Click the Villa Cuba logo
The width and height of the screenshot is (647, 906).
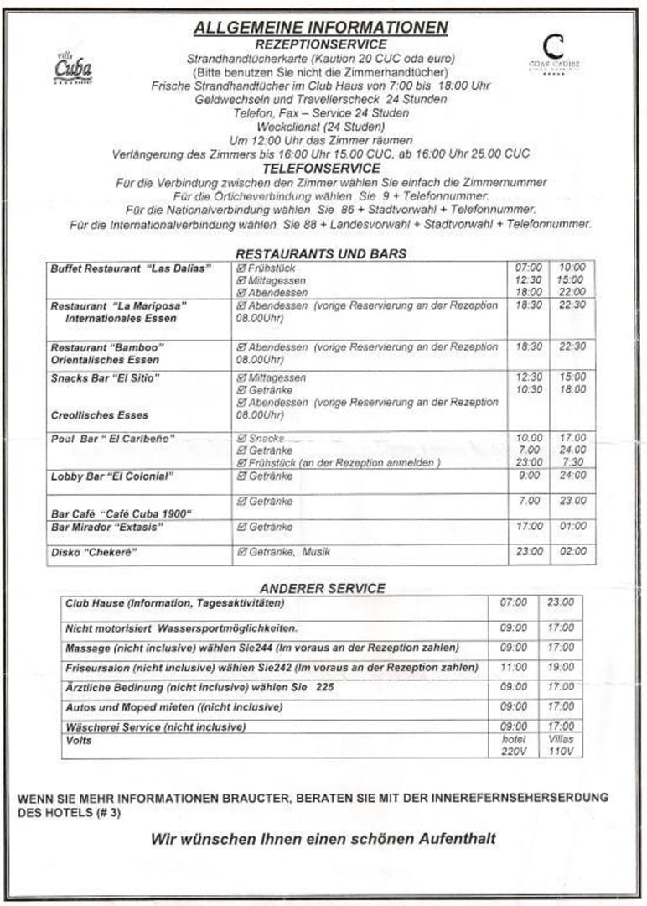(73, 67)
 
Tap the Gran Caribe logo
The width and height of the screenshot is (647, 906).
(553, 53)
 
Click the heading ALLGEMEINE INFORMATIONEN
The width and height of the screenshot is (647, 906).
(321, 28)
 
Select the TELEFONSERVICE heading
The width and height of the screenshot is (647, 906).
(321, 169)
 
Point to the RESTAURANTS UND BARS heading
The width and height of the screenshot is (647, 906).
(321, 253)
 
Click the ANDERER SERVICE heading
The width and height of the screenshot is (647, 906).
(323, 588)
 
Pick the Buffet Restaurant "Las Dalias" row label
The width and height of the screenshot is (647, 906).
(131, 268)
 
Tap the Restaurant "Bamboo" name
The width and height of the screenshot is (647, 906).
(107, 347)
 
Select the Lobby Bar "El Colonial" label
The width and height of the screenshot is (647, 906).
(112, 476)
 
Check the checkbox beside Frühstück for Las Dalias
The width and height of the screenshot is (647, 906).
(241, 268)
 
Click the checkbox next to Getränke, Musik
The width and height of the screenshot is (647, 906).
(241, 552)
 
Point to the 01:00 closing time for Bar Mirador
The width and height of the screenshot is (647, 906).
(573, 527)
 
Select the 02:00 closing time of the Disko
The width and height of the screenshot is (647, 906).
(573, 552)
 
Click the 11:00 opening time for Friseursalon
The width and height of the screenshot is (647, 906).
(514, 668)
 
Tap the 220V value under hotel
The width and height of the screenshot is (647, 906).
(514, 752)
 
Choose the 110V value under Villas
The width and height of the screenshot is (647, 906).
(561, 752)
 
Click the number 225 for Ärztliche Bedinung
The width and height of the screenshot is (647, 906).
(325, 687)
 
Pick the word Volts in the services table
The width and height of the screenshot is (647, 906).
(79, 741)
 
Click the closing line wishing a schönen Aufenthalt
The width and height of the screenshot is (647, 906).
(323, 838)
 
